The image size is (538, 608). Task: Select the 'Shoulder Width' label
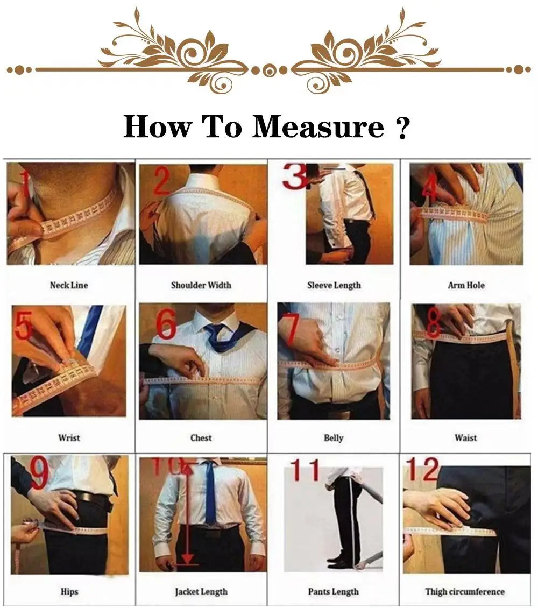[201, 285]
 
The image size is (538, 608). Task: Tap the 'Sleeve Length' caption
[334, 285]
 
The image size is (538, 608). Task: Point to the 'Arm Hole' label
[466, 285]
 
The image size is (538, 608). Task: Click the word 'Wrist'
[69, 437]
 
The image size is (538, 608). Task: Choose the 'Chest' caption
[201, 437]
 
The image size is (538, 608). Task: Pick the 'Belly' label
[334, 437]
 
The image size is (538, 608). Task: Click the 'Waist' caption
[466, 437]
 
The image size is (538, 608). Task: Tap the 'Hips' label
[69, 592]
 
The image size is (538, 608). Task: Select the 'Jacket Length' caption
[201, 592]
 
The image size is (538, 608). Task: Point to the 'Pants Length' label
[334, 592]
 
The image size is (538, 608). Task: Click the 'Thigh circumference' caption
[465, 592]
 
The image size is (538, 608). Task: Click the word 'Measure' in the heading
[318, 127]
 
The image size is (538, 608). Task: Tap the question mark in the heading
[402, 128]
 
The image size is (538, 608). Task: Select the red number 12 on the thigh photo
[423, 470]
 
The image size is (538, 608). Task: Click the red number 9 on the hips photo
[39, 473]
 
